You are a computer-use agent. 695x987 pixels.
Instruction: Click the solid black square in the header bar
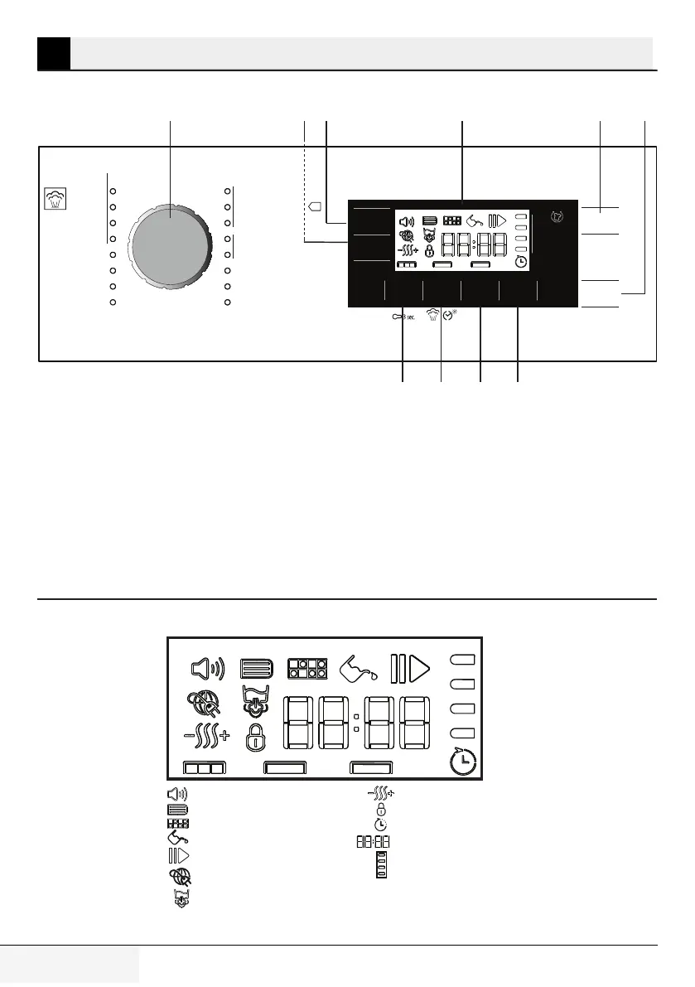pos(53,52)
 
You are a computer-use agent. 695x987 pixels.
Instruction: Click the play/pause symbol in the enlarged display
pos(411,668)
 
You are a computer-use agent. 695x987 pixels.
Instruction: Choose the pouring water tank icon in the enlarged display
pos(359,668)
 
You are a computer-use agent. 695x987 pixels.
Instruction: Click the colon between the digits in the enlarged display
pos(355,723)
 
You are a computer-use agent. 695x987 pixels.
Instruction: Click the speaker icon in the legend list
pos(176,793)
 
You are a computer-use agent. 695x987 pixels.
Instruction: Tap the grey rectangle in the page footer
pos(70,967)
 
